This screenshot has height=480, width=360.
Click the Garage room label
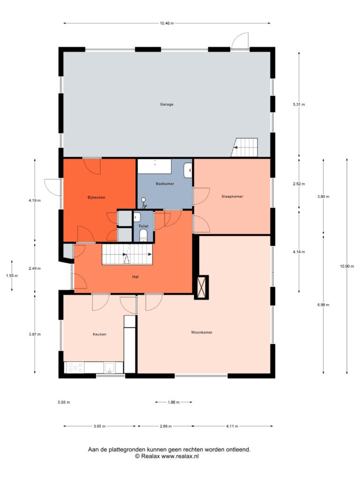(166, 105)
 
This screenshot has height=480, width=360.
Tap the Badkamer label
(165, 184)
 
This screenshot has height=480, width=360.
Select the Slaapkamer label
(232, 196)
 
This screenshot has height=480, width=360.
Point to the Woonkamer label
(202, 332)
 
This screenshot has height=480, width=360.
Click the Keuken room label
(99, 334)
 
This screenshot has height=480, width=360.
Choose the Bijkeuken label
(97, 197)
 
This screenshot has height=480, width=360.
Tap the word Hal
(135, 277)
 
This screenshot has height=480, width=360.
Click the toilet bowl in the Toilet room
(143, 235)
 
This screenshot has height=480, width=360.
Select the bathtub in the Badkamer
(154, 166)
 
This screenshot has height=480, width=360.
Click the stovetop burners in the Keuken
(75, 367)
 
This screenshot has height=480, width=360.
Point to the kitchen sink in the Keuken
(109, 367)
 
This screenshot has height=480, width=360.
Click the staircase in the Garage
(245, 147)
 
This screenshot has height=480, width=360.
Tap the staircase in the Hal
(127, 254)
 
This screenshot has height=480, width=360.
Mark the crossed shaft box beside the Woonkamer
(202, 287)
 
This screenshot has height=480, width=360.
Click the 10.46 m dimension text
(166, 23)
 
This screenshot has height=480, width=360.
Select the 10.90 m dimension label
(347, 266)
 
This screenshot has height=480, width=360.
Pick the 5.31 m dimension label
(299, 105)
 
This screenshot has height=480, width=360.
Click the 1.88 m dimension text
(173, 402)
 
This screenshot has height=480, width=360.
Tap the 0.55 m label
(64, 402)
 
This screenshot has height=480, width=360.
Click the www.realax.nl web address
(180, 456)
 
